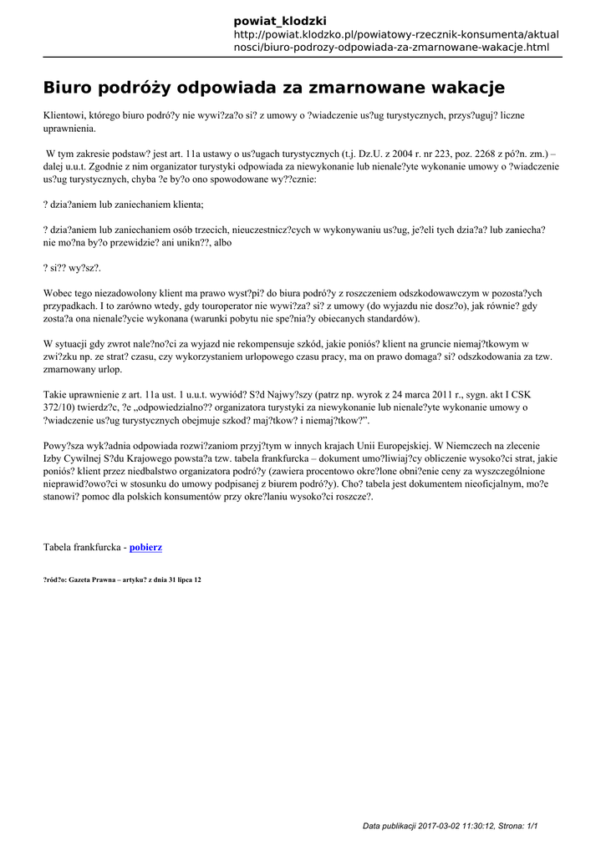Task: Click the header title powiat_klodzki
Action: click(280, 20)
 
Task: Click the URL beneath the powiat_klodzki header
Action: click(396, 41)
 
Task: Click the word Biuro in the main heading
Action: click(70, 88)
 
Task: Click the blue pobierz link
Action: click(146, 547)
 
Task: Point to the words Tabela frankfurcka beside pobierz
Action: click(81, 547)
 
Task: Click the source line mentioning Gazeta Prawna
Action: click(122, 579)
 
